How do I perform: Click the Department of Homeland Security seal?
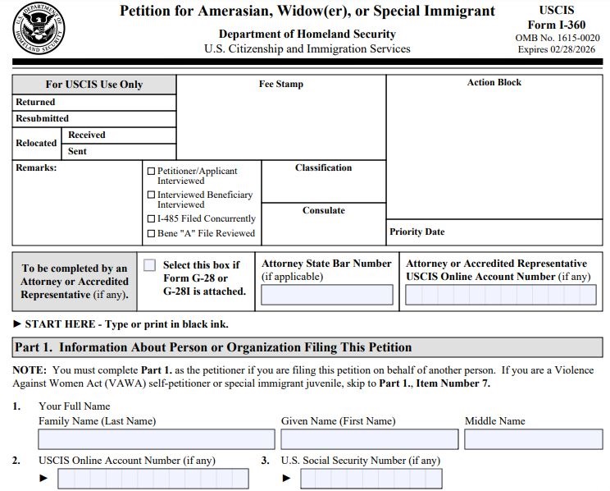[39, 29]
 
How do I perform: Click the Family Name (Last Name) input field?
[156, 439]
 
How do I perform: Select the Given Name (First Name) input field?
[369, 439]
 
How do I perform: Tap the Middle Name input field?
[533, 439]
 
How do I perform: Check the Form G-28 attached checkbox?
[149, 265]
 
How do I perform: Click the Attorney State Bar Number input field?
[326, 295]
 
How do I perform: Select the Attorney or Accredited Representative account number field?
[500, 295]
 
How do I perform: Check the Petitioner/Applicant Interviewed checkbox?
[151, 172]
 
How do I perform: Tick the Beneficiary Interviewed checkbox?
[151, 195]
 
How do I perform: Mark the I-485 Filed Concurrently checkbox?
[151, 219]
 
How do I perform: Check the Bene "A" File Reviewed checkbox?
[151, 234]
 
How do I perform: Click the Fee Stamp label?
[280, 84]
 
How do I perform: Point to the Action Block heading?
[494, 82]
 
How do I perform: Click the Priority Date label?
[417, 232]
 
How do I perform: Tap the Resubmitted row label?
[42, 118]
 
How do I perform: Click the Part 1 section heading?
[212, 347]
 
